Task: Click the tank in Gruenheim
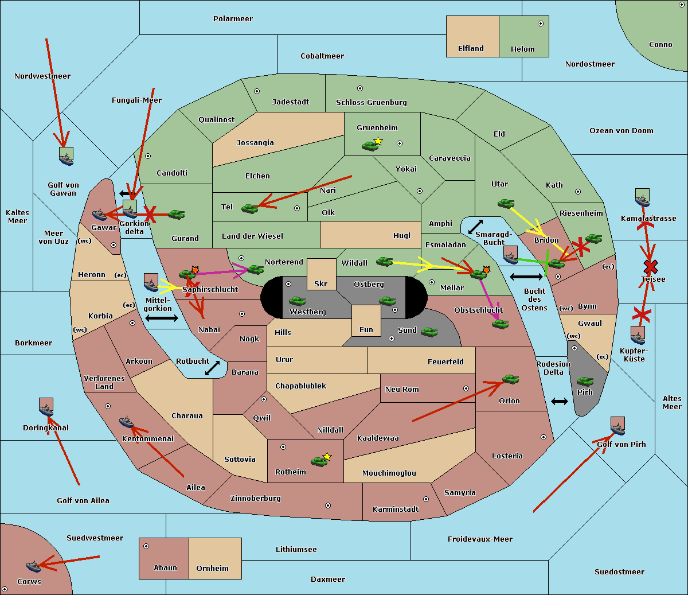(x=370, y=146)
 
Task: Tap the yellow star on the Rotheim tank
(x=327, y=457)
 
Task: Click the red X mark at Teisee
(x=650, y=266)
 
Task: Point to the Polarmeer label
(x=233, y=19)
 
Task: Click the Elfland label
(x=471, y=49)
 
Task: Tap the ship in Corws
(x=34, y=566)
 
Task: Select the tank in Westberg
(x=297, y=301)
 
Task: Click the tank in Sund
(x=429, y=332)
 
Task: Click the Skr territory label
(x=321, y=283)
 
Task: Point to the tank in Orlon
(x=510, y=379)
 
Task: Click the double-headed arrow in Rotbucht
(x=212, y=368)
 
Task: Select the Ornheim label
(x=212, y=568)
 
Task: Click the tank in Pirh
(x=585, y=382)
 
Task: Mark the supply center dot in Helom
(x=540, y=24)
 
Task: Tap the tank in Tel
(x=249, y=208)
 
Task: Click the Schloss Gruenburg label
(x=371, y=103)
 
